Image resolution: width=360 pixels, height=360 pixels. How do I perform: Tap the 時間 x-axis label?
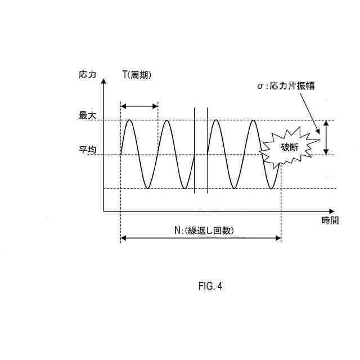tap(330, 220)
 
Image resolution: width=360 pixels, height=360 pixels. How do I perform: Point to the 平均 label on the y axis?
tap(88, 150)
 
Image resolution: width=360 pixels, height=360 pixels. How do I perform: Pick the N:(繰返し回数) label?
tap(204, 230)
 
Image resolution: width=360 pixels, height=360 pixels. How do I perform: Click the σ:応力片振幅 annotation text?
tap(289, 86)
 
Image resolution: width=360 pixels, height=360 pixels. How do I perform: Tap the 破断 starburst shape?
tap(288, 147)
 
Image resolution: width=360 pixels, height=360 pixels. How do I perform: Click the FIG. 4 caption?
tap(210, 286)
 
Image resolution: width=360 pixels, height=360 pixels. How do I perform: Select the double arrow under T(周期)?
tap(139, 106)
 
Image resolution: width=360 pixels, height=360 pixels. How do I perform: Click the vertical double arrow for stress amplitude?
tap(326, 137)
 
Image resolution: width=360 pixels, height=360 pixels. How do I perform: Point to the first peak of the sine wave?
tap(130, 120)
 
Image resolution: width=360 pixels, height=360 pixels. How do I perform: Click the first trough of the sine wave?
tap(148, 188)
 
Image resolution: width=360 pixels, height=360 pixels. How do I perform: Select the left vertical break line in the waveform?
tap(195, 149)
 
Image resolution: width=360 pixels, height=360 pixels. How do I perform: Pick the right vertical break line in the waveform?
tap(208, 149)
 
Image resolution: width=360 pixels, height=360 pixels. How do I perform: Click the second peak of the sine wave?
tap(166, 120)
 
